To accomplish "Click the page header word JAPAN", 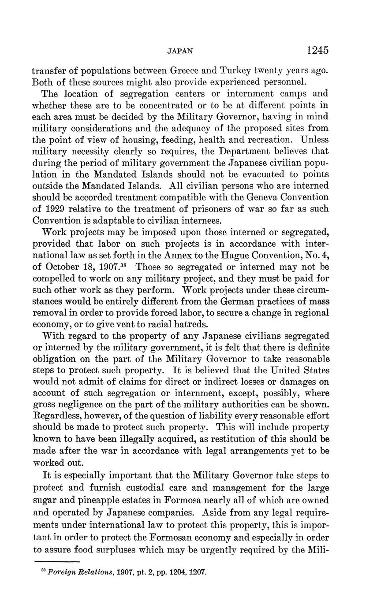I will [x=181, y=51].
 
